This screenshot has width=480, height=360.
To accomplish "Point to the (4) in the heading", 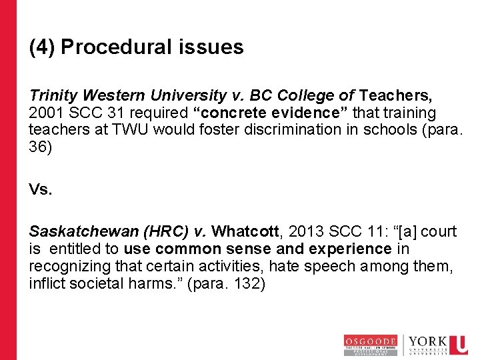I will click(x=43, y=47).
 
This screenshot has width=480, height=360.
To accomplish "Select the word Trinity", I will click(x=51, y=96).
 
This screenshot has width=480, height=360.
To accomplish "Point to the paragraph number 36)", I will click(x=38, y=146).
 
